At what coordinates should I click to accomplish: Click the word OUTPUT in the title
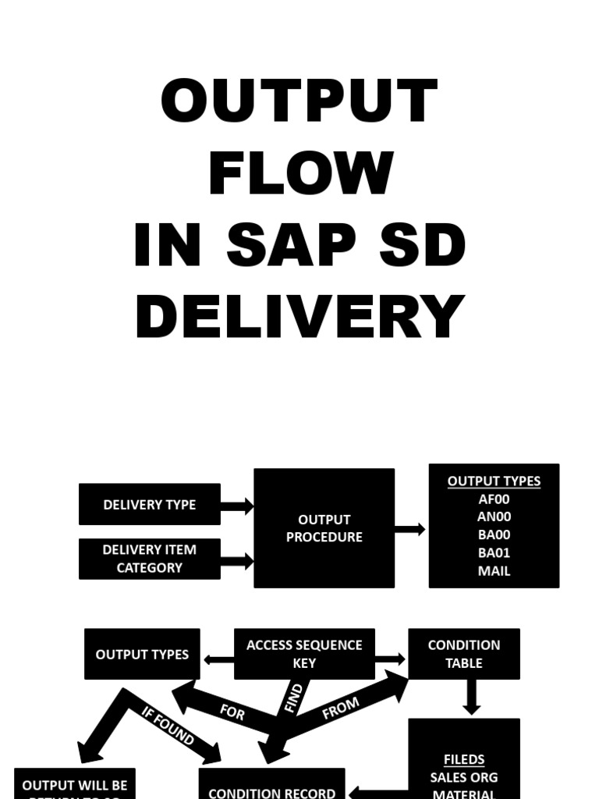299,102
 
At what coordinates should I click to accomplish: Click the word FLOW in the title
300,173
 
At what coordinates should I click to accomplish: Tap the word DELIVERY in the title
299,318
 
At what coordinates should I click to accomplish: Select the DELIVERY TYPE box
149,505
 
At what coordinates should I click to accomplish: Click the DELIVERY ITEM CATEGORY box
149,559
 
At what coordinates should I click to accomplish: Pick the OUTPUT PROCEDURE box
324,528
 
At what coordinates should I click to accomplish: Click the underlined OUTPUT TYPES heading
494,481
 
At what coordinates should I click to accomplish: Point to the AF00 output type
494,499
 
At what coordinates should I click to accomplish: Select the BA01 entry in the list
494,553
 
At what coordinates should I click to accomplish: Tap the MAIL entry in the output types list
494,571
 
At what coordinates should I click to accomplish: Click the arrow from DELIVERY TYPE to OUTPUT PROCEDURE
237,506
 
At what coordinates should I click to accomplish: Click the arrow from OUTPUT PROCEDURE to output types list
410,530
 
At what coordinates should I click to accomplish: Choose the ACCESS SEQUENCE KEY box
304,654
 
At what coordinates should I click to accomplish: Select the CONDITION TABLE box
463,654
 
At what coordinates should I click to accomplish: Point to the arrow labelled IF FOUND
168,725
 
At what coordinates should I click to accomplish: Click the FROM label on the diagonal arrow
341,708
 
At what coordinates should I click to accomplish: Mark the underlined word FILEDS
463,759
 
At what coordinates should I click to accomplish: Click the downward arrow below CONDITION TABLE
471,698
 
